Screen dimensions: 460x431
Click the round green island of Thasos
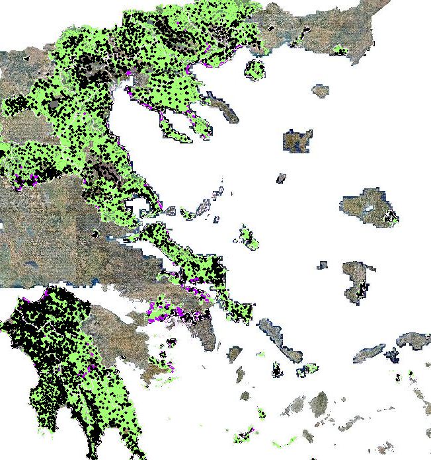[x=255, y=68]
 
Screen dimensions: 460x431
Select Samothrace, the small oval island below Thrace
[x=321, y=91]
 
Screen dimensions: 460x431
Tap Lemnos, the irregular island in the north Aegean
[x=297, y=141]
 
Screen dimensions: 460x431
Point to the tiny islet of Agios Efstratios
[x=281, y=178]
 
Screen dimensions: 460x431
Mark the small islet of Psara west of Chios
[x=321, y=265]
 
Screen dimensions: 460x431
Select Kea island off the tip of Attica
[x=235, y=354]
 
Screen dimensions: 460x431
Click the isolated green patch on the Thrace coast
[x=340, y=50]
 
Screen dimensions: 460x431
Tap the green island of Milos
[x=245, y=436]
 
